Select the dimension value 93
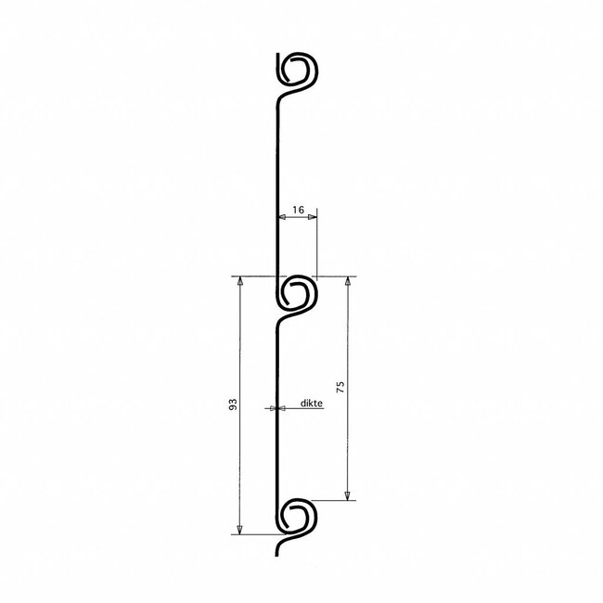(x=233, y=404)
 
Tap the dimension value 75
(x=340, y=388)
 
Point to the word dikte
(x=312, y=404)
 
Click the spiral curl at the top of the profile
(x=300, y=70)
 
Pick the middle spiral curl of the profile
(x=298, y=295)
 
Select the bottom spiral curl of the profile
(x=298, y=515)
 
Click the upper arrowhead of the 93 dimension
(x=239, y=281)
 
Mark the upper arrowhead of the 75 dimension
(x=348, y=281)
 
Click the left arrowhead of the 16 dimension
(x=283, y=218)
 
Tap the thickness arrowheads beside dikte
(x=276, y=407)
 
